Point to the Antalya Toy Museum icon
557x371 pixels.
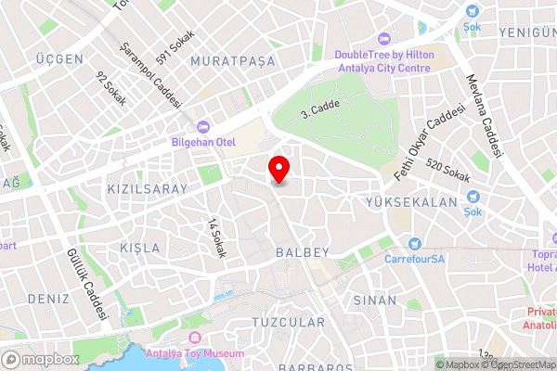[195, 337]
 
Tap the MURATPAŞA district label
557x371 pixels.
[232, 60]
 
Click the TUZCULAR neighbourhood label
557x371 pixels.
[289, 323]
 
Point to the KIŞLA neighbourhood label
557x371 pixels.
[140, 249]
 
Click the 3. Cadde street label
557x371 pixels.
[321, 109]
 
